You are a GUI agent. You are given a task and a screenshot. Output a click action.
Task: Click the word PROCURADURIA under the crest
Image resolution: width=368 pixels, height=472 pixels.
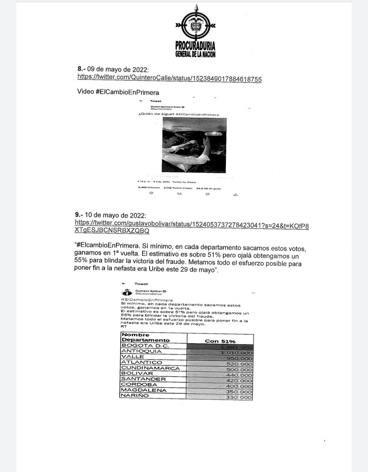point(195,45)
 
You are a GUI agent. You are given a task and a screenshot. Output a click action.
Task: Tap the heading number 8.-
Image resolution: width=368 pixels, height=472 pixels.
point(82,69)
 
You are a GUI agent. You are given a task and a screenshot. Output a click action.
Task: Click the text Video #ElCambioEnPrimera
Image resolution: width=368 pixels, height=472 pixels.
point(118,92)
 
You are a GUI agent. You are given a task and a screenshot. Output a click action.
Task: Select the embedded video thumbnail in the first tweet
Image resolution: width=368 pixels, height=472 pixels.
point(194,145)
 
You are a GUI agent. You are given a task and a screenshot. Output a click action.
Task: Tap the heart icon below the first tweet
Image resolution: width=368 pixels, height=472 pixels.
point(208,194)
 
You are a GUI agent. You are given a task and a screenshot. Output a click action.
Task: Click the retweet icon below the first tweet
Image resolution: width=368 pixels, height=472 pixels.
point(180,194)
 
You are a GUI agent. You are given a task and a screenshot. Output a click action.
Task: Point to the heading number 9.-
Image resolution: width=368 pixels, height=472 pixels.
point(79,215)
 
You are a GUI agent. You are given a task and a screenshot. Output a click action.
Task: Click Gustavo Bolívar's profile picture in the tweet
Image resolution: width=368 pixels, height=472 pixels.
point(127,292)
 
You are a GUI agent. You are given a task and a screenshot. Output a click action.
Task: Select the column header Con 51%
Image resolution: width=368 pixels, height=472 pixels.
point(220,341)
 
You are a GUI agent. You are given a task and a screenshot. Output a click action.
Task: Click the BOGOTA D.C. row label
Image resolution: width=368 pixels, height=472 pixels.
point(140,346)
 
